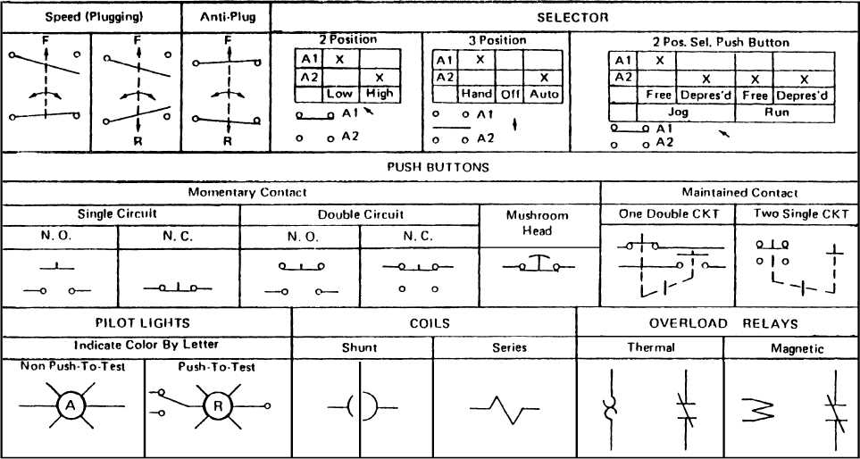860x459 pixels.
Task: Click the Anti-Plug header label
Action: [226, 17]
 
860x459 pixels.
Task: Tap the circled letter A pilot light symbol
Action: [71, 406]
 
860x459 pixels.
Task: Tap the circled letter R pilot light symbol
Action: [217, 406]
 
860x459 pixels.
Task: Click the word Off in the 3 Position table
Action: [510, 93]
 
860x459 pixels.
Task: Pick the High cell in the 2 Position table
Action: [379, 93]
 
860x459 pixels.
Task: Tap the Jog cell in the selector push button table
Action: [686, 112]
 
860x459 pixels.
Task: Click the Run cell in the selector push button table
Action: [786, 112]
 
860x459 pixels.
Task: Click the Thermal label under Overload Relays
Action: [651, 348]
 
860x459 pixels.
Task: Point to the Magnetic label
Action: [797, 348]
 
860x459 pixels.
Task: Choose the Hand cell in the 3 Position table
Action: [477, 93]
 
